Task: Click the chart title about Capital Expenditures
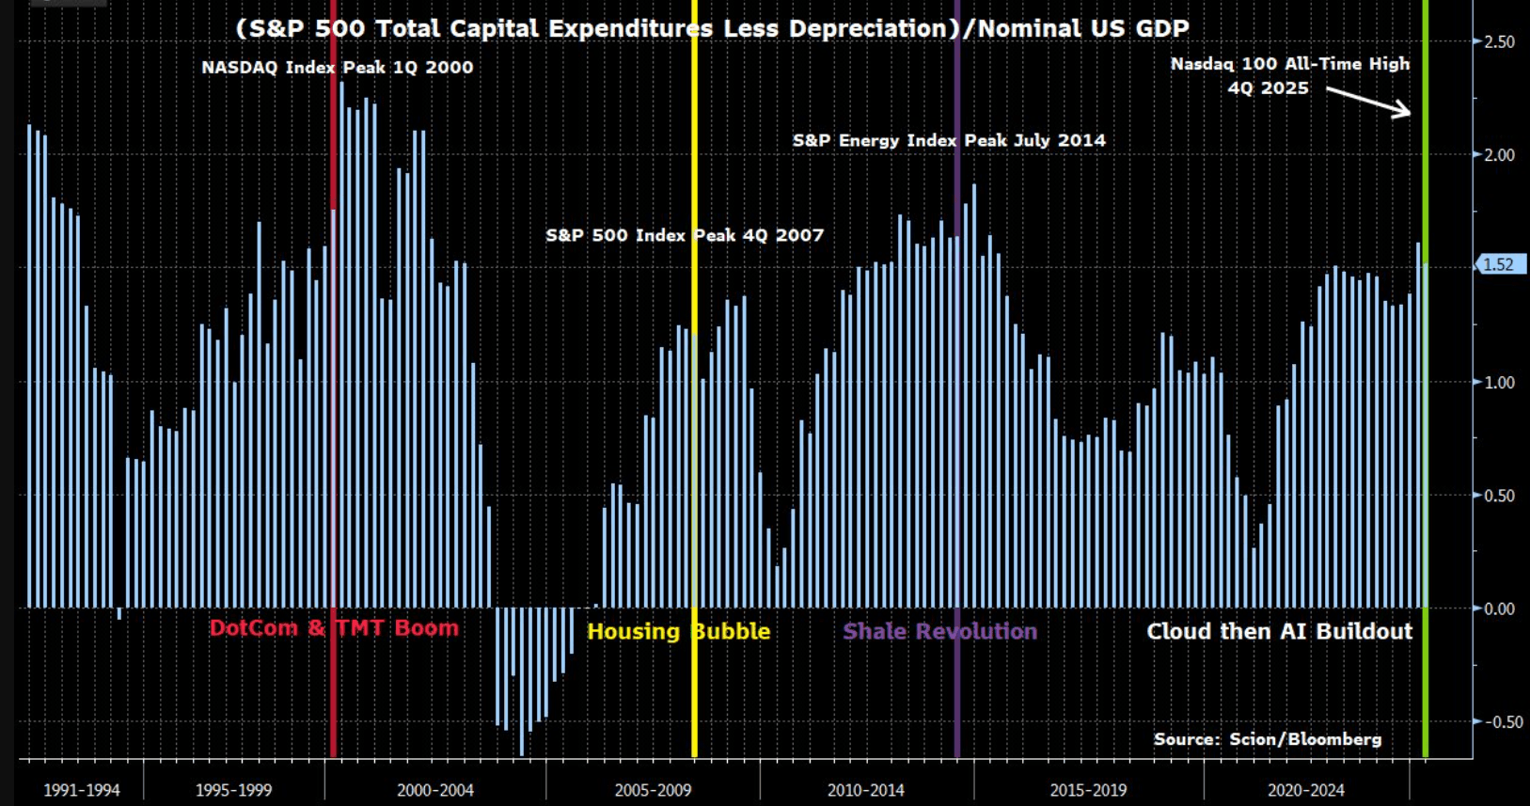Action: coord(712,28)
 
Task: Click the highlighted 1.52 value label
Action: coord(1498,265)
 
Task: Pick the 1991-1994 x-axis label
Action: coord(82,790)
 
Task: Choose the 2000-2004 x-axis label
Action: coord(435,790)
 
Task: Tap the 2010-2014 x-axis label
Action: coord(865,790)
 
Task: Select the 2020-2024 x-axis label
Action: coord(1305,790)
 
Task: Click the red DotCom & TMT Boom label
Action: coord(334,628)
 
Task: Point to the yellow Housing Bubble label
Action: coord(678,631)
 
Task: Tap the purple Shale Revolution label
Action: coord(939,631)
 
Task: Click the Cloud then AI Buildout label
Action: coord(1279,631)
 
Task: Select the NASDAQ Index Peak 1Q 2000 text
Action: coord(337,68)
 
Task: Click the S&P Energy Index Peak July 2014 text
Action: coord(949,140)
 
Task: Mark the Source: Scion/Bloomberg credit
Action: coord(1268,739)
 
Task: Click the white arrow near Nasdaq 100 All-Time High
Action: coord(1369,102)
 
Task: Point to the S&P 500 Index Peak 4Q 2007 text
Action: coord(685,235)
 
